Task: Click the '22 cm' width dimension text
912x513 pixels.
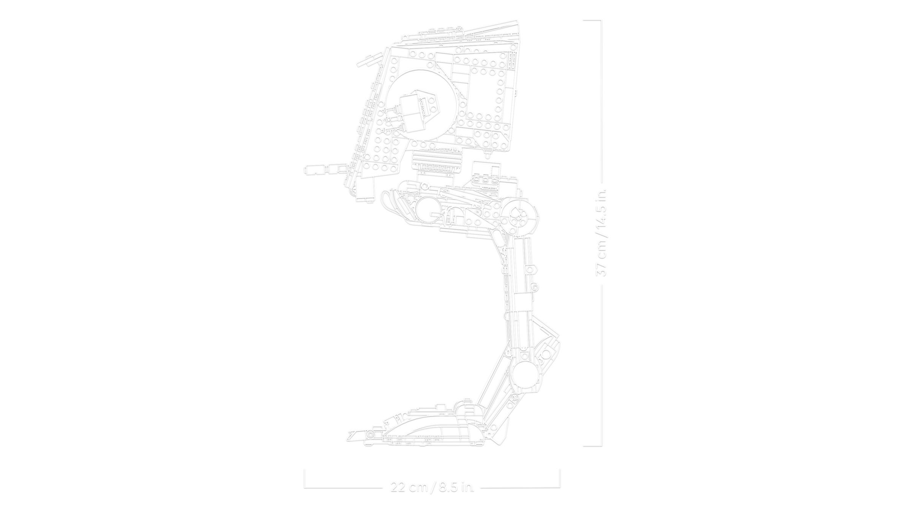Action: tap(409, 487)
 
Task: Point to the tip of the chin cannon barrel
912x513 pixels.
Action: tap(306, 169)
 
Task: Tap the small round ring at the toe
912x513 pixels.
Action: tap(370, 434)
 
